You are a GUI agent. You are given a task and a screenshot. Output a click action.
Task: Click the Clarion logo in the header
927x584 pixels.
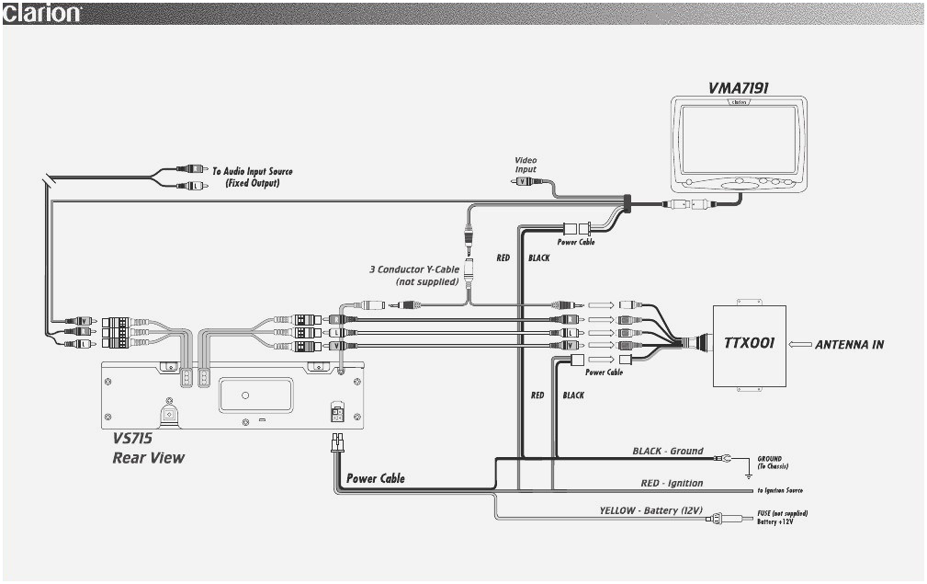42,13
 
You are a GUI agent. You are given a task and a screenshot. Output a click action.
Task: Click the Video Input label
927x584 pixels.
526,165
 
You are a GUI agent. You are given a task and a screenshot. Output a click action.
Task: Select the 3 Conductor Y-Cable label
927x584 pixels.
414,275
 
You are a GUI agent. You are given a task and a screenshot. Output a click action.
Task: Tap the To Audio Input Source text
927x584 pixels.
253,177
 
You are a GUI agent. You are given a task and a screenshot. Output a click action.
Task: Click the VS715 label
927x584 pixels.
132,439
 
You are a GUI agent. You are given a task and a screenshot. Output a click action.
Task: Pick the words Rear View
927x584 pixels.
148,457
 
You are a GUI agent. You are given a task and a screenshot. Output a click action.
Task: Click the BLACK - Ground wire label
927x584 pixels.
667,451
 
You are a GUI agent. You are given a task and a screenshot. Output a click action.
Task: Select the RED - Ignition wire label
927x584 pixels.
672,483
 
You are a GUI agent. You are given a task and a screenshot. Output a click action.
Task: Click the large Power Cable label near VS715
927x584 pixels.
375,478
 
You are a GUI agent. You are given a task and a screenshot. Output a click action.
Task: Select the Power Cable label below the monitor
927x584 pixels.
576,242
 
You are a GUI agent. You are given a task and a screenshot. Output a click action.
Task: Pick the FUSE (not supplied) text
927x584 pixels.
782,512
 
